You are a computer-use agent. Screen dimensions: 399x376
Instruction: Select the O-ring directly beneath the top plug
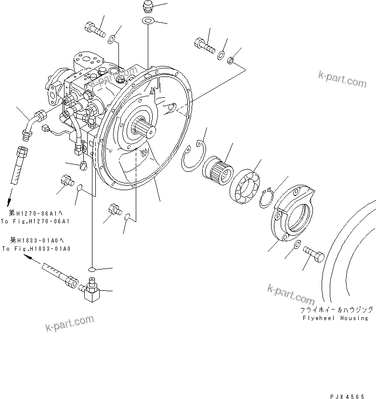coord(148,21)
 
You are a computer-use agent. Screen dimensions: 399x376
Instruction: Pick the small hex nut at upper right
coord(231,60)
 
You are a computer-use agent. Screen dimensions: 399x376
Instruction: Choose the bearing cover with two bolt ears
coord(293,214)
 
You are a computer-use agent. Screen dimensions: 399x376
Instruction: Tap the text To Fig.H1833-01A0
coord(36,248)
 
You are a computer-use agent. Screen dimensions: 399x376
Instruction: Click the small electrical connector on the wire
coord(46,129)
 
